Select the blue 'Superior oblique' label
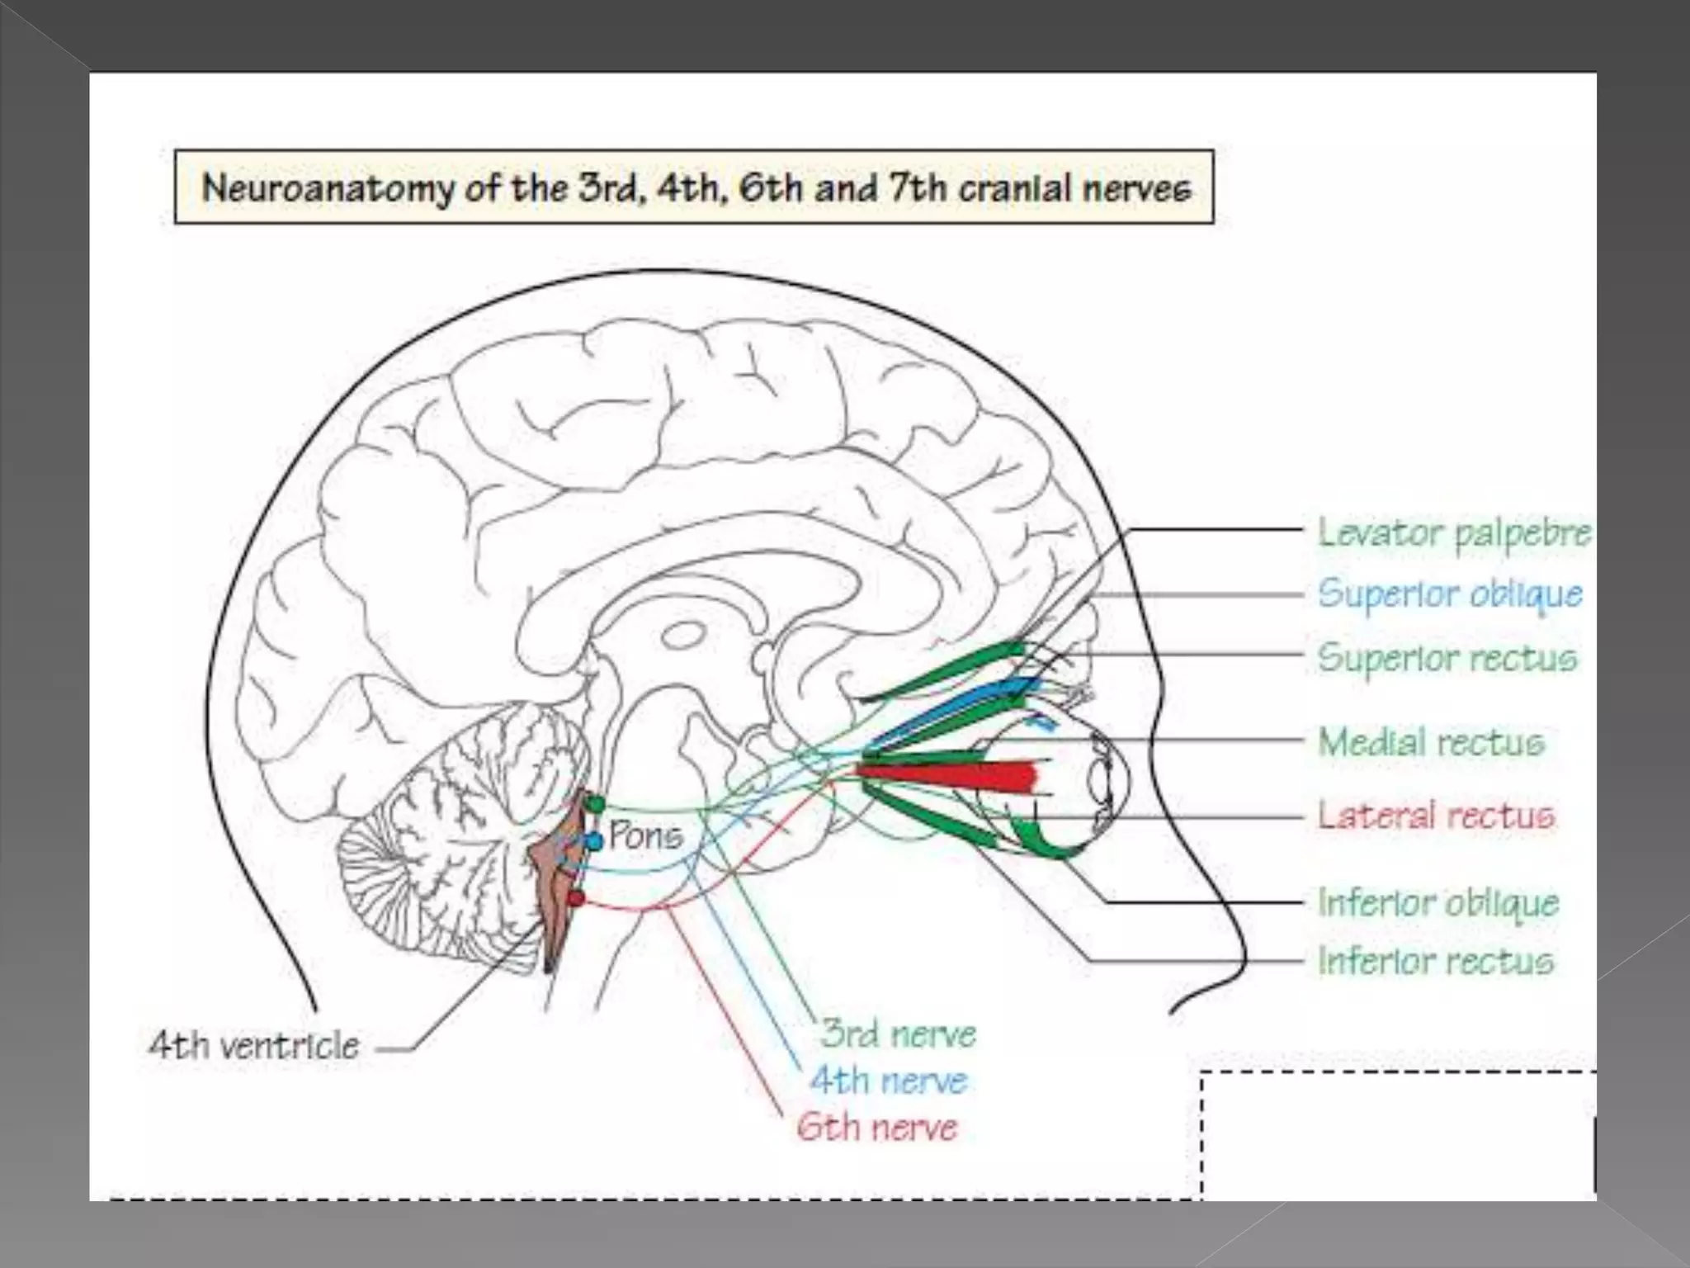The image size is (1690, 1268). pos(1450,594)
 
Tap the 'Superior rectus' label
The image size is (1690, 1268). pos(1447,658)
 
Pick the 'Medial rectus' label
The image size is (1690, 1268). pos(1431,742)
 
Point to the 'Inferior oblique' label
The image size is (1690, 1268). pos(1438,902)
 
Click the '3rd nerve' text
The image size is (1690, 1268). pos(898,1034)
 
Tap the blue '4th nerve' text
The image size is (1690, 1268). pos(888,1081)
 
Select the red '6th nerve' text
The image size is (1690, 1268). pos(876,1127)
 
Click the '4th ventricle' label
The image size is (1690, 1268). pos(254,1046)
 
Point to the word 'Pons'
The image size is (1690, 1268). pos(646,836)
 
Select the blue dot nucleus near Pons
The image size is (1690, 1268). pos(594,841)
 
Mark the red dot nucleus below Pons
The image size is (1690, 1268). pos(576,897)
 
